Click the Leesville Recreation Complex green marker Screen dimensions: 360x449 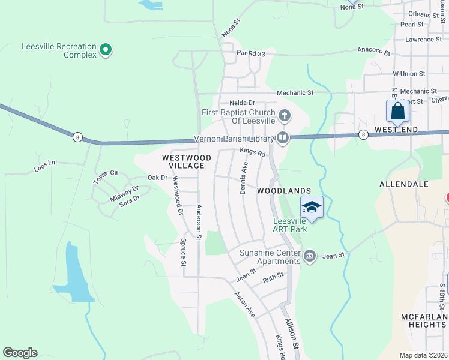(x=106, y=49)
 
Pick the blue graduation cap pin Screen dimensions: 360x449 (x=312, y=208)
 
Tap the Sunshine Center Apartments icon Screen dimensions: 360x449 (x=310, y=256)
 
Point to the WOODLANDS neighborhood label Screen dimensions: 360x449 (x=284, y=191)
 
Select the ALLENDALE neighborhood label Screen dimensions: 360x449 (x=403, y=184)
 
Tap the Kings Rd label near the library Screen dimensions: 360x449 (x=253, y=152)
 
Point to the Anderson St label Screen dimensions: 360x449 (x=199, y=220)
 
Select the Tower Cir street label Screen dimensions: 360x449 (x=106, y=176)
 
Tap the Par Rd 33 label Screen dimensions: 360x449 (x=251, y=53)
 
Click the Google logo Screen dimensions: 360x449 (x=20, y=353)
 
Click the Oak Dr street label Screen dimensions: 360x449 (x=157, y=178)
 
